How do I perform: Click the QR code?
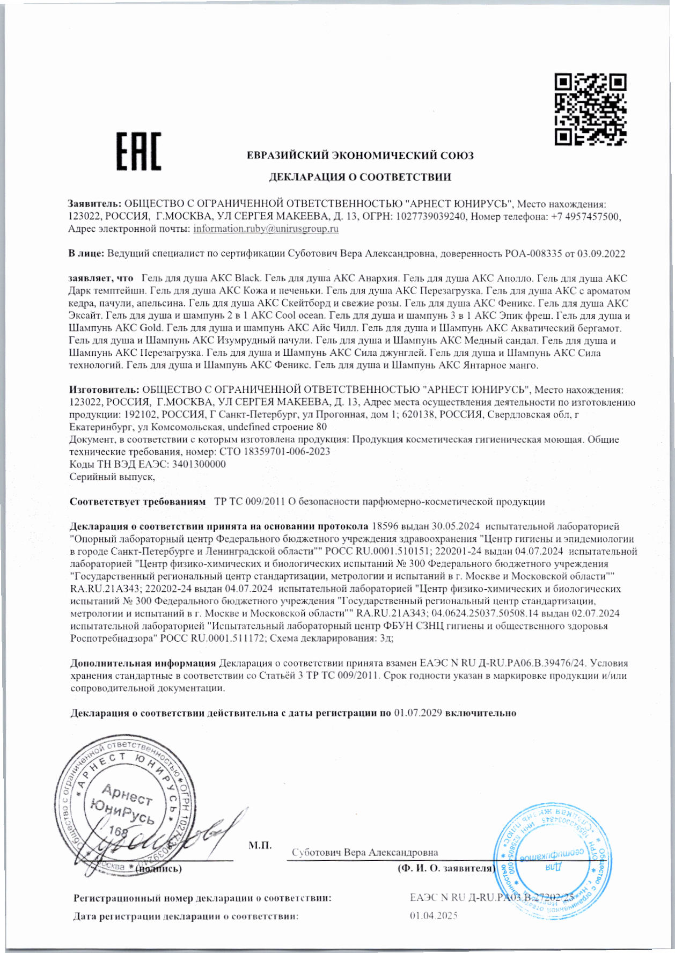coord(590,109)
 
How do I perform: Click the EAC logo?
coord(139,151)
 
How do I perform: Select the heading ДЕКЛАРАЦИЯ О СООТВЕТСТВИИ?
coord(359,177)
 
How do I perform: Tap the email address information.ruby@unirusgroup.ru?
coord(266,229)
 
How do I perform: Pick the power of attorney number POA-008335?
coord(532,254)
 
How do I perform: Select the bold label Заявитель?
coord(95,204)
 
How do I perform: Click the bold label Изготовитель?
coord(104,390)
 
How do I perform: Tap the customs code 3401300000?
coord(199,464)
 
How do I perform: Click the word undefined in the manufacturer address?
coord(251,428)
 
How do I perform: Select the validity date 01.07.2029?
coord(417,713)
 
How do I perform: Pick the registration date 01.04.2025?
coord(434,916)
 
